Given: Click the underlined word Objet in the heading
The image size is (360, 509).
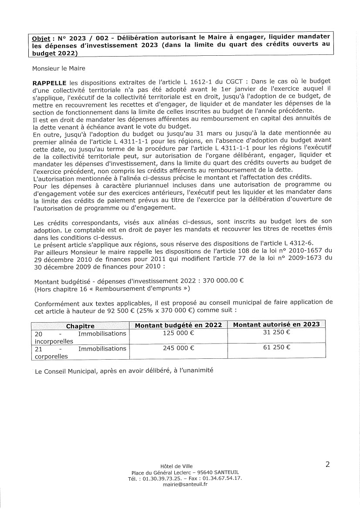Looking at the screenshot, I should pyautogui.click(x=41, y=37).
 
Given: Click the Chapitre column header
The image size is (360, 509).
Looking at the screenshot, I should pyautogui.click(x=80, y=326).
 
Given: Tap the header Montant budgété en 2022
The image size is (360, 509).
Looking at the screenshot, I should pyautogui.click(x=178, y=325).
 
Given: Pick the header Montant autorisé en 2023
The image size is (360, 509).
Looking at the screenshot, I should pyautogui.click(x=276, y=324).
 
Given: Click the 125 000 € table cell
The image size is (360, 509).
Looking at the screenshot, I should pyautogui.click(x=178, y=334).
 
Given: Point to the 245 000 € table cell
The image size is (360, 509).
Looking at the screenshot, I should pyautogui.click(x=178, y=348).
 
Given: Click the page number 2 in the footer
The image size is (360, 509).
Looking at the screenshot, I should pyautogui.click(x=327, y=465).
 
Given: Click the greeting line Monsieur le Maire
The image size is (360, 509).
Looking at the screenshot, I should pyautogui.click(x=59, y=68).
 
